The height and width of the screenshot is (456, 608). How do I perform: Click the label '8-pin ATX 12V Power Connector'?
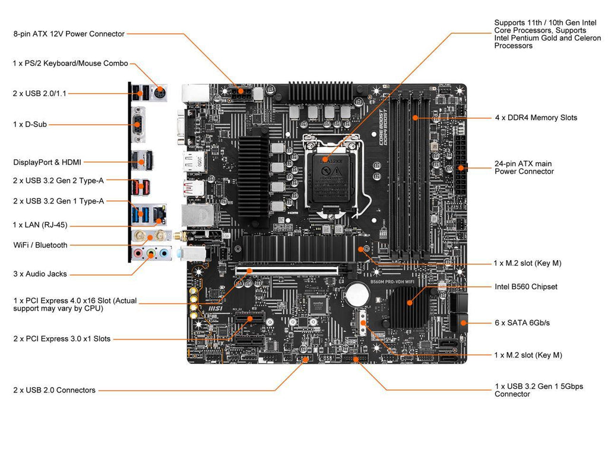point(69,34)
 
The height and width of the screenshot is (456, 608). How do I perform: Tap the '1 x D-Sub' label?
point(30,124)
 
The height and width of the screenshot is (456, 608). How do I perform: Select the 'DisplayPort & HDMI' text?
point(47,161)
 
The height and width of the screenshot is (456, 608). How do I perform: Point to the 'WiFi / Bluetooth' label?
point(40,245)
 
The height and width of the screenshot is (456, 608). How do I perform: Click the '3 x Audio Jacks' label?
point(40,274)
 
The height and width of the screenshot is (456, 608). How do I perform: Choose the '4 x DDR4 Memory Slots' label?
point(536,118)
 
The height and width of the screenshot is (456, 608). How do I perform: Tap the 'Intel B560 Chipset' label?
point(526,287)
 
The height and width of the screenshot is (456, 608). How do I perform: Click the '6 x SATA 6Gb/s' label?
point(522,322)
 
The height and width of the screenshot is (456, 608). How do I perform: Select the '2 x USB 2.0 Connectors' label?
point(54,390)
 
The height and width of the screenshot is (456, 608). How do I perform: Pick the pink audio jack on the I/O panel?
point(138,254)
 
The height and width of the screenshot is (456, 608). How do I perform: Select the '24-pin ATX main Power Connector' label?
point(524,167)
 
